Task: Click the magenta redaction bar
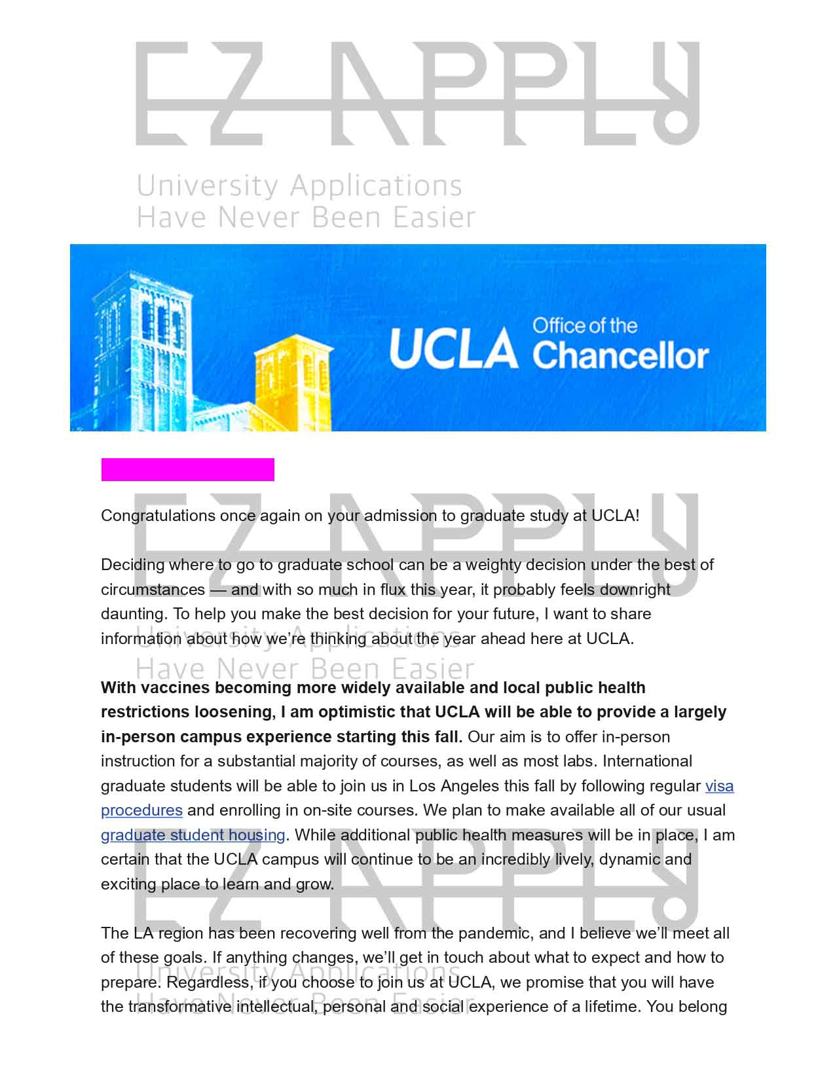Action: [187, 469]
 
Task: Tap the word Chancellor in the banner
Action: [620, 355]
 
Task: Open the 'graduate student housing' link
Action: [193, 835]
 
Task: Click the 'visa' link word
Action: [719, 785]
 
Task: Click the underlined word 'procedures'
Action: [141, 810]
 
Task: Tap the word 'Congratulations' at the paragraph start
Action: [158, 516]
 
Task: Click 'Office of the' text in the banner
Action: [585, 326]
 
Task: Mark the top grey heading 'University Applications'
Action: [299, 186]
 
